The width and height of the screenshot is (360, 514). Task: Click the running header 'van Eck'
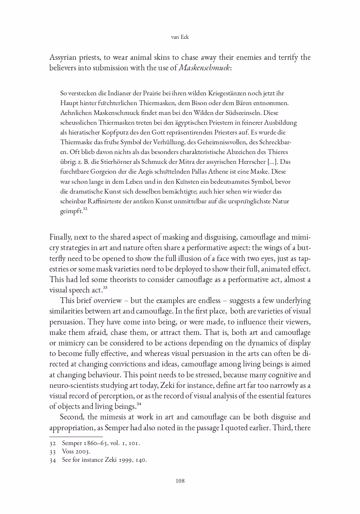pos(180,37)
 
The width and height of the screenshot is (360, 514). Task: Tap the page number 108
pos(180,481)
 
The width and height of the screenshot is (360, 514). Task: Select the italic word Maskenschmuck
pos(204,68)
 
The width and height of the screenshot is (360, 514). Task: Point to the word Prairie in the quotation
pos(154,94)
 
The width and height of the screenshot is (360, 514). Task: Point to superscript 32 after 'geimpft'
pos(85,209)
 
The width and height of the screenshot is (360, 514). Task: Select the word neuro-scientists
pos(74,385)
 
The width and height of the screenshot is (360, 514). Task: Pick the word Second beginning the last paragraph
pos(72,417)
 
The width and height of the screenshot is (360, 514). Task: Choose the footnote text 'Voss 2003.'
pos(76,452)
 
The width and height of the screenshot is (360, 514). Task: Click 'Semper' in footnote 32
pos(72,443)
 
